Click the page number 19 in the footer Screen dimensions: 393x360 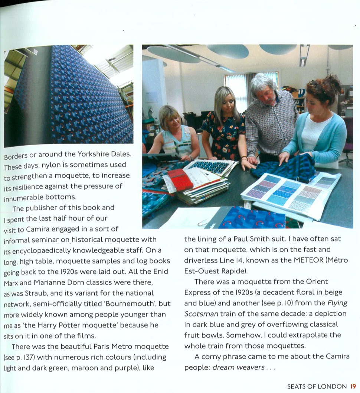353,387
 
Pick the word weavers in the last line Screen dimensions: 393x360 251,367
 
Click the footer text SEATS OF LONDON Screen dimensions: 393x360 317,387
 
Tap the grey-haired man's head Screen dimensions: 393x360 264,86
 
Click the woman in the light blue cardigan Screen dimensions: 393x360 315,126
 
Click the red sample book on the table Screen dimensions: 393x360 180,180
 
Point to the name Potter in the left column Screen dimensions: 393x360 78,325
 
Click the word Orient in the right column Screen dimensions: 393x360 317,282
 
